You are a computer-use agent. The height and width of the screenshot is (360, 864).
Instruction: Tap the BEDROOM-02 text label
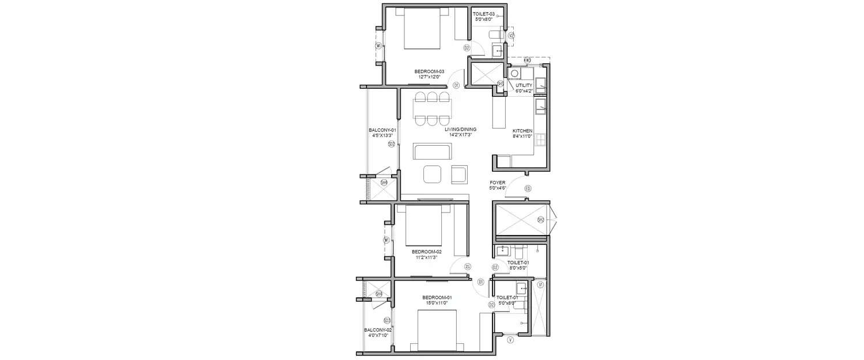[x=426, y=252]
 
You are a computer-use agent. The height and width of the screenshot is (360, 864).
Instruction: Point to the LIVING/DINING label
[x=459, y=130]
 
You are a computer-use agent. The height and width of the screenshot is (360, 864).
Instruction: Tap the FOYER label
[x=497, y=183]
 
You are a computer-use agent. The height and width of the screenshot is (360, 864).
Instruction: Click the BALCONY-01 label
[x=382, y=130]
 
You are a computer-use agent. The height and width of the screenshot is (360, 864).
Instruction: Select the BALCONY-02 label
[x=378, y=330]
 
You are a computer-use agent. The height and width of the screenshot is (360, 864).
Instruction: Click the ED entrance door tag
[x=528, y=189]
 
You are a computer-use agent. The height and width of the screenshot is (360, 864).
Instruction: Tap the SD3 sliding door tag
[x=387, y=321]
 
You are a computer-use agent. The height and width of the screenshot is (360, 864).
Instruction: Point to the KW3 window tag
[x=526, y=59]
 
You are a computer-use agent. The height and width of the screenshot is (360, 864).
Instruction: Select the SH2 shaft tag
[x=540, y=219]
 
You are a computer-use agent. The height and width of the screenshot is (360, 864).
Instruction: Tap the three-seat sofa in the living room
[x=433, y=153]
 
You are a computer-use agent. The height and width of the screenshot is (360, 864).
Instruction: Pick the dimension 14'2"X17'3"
[x=459, y=135]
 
